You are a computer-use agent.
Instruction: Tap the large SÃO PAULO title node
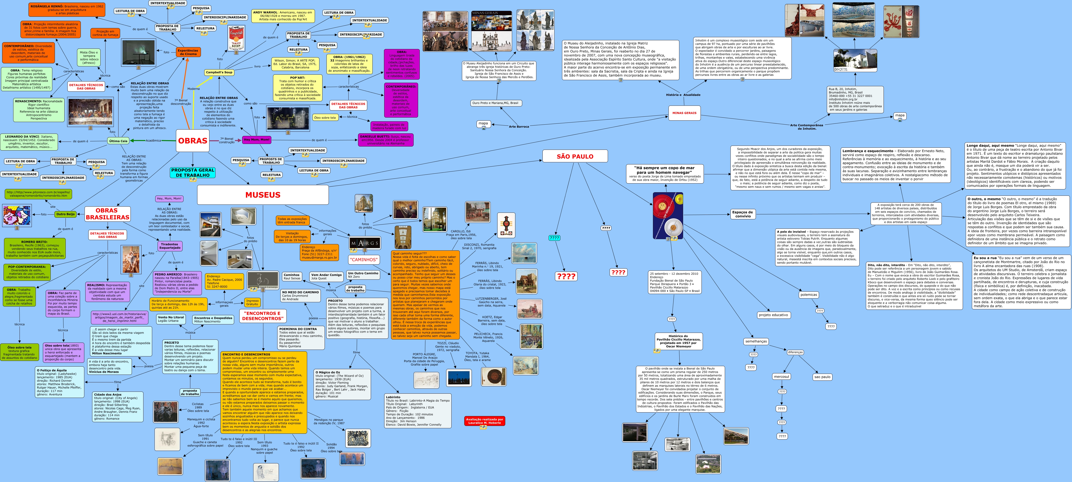coord(575,156)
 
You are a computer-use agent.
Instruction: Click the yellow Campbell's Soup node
coord(219,72)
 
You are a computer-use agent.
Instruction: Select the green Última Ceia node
coord(118,141)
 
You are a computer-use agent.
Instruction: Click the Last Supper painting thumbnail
coord(90,112)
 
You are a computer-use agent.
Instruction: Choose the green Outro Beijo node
coord(65,214)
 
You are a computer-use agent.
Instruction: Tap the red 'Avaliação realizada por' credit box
coord(484,421)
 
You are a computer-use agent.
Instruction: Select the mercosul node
coord(781,376)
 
